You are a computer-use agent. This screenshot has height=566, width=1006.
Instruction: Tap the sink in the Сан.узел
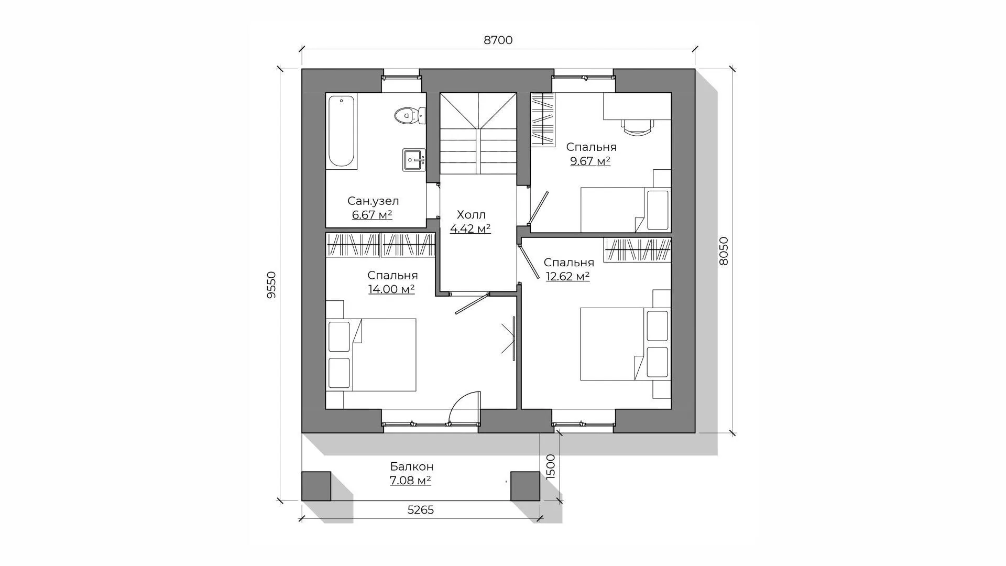(x=414, y=160)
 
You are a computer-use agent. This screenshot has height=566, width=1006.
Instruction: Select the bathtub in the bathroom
(x=342, y=132)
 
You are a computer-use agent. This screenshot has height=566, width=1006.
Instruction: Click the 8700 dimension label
(x=498, y=40)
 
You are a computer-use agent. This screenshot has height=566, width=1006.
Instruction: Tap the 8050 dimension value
(x=724, y=252)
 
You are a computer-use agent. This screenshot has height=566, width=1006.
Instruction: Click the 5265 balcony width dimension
(x=421, y=510)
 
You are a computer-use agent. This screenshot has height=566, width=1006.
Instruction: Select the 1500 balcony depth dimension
(x=550, y=466)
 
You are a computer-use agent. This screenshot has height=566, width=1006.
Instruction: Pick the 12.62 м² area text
(x=568, y=276)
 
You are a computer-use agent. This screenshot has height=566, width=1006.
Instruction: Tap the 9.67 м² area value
(x=591, y=161)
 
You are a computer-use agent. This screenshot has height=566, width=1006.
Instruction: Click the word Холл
(x=471, y=215)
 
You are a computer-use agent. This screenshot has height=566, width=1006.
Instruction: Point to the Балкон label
(x=412, y=466)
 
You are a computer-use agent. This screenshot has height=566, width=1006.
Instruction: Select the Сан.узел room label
(x=373, y=201)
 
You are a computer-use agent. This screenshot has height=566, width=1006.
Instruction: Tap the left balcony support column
(x=316, y=486)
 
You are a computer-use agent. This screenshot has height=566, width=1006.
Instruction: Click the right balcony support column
(x=525, y=486)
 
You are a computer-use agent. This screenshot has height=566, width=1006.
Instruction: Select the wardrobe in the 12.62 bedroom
(x=638, y=250)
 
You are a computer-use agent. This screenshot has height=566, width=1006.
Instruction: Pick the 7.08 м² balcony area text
(x=410, y=480)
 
